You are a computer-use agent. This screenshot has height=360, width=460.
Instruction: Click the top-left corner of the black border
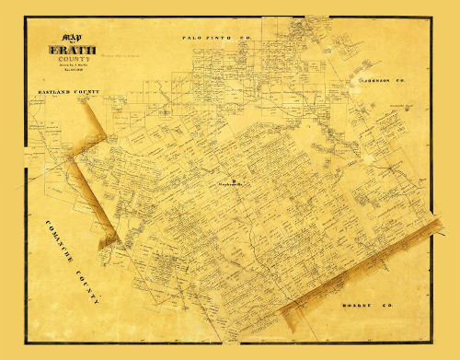(x=29, y=29)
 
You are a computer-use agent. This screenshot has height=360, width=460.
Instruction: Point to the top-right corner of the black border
(x=433, y=29)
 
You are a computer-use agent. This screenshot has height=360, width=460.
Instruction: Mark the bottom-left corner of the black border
(x=29, y=339)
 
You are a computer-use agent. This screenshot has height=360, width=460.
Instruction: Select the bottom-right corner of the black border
(x=433, y=339)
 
